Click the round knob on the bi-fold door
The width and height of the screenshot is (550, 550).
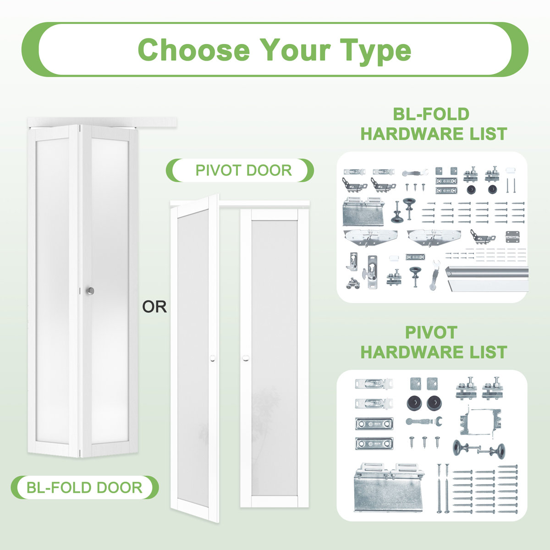click(90, 291)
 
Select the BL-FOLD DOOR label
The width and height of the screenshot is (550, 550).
click(84, 487)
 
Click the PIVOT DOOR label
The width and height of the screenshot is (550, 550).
click(243, 170)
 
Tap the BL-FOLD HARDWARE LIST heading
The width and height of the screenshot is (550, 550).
click(433, 124)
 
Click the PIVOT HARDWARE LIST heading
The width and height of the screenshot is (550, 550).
click(433, 342)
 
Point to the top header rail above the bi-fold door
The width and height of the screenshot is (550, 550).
click(103, 121)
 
